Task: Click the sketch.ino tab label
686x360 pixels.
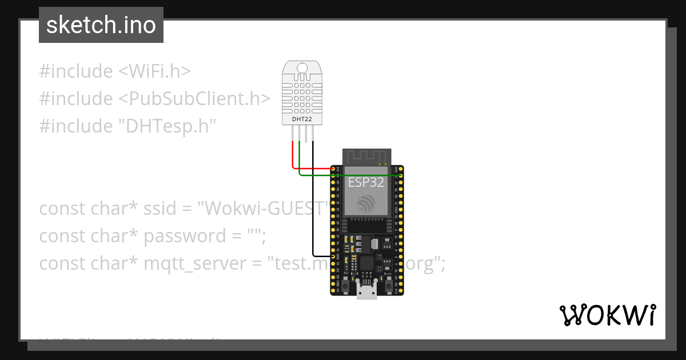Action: pos(101,25)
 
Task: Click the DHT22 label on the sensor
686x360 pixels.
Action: pos(302,119)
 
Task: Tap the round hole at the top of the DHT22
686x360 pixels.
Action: pos(302,70)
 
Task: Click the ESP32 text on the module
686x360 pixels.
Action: pos(366,182)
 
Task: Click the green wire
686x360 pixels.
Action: pos(343,175)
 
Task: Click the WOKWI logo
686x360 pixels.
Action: pos(607,315)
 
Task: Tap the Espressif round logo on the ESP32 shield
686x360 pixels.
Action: pos(366,203)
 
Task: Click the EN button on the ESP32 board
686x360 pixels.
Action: pos(346,280)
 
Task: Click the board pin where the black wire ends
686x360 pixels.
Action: pos(333,256)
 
